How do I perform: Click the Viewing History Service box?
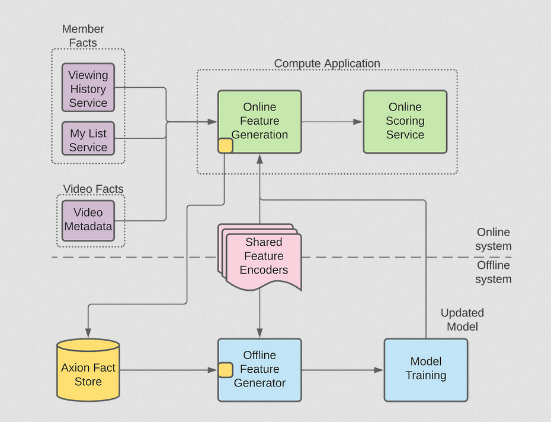tap(88, 88)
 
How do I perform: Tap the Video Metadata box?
tap(88, 220)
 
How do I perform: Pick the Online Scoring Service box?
tap(405, 121)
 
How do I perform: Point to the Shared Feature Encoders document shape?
tap(263, 256)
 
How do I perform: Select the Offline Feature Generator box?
tap(260, 369)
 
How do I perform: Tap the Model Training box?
tap(425, 369)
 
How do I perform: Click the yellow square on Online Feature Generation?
tap(225, 145)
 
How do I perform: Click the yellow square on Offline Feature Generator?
tap(225, 370)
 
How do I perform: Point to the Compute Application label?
tap(327, 64)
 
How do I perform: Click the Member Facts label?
tap(83, 36)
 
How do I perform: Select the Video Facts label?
tap(93, 189)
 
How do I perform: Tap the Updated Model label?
tap(462, 319)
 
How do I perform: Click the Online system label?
tap(494, 239)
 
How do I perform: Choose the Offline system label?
tap(494, 272)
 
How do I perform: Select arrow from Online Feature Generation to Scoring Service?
tap(332, 122)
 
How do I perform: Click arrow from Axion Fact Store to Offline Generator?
tap(168, 370)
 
